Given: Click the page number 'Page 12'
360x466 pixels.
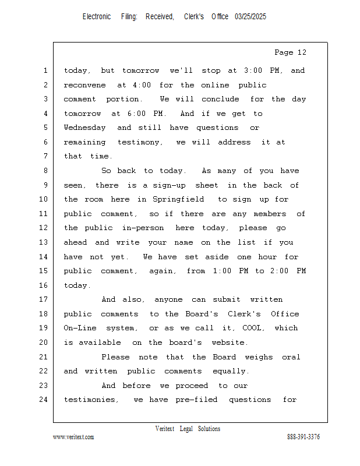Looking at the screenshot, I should (290, 52).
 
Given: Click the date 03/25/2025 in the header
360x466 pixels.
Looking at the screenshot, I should (250, 17).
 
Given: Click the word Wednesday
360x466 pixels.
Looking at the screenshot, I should (85, 128).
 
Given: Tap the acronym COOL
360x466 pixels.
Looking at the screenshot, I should (252, 328).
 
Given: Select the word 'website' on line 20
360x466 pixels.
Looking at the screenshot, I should (226, 343).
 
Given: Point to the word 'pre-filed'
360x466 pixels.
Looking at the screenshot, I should (196, 400).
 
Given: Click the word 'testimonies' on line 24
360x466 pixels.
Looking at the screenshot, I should (90, 400).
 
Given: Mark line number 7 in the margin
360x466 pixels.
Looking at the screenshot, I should (45, 156).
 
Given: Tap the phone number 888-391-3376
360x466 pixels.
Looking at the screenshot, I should (303, 437).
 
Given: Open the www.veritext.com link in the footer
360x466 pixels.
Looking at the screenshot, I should (73, 437).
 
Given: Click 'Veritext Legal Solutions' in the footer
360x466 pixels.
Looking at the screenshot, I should (188, 429).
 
